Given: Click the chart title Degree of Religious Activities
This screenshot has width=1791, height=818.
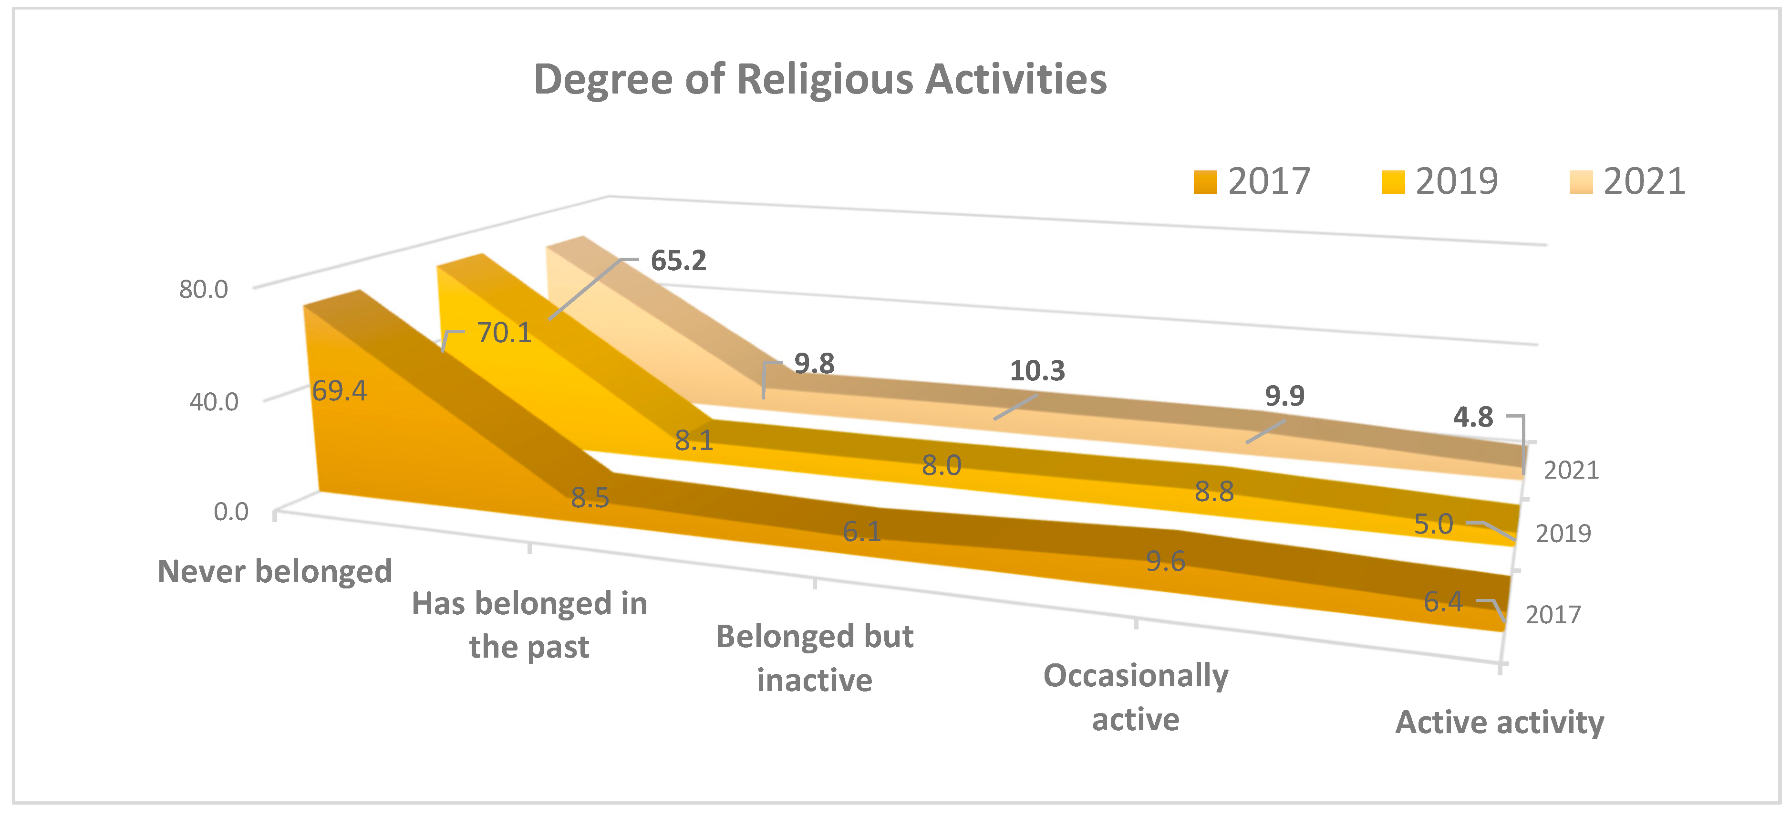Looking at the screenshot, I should click(820, 79).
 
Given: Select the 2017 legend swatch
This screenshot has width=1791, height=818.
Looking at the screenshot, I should click(1205, 182).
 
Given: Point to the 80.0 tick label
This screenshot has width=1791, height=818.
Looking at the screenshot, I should click(203, 289).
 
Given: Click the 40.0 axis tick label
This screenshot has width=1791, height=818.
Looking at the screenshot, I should click(214, 402).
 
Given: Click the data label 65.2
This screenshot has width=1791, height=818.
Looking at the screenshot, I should click(678, 261).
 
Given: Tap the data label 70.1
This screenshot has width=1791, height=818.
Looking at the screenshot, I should click(504, 333).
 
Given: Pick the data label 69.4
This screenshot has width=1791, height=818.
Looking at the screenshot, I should click(339, 391).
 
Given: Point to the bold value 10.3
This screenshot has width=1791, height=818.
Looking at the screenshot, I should click(1036, 371).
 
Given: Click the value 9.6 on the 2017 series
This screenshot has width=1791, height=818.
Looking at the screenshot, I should click(1165, 561).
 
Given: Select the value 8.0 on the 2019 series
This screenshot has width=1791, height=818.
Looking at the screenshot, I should click(942, 465).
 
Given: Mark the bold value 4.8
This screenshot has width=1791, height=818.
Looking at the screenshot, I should click(1472, 417).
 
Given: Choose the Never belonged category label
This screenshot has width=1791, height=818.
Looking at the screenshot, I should click(275, 572).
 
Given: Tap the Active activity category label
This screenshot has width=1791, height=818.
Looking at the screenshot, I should click(1499, 723).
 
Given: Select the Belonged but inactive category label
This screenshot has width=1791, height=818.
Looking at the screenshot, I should click(814, 658).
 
